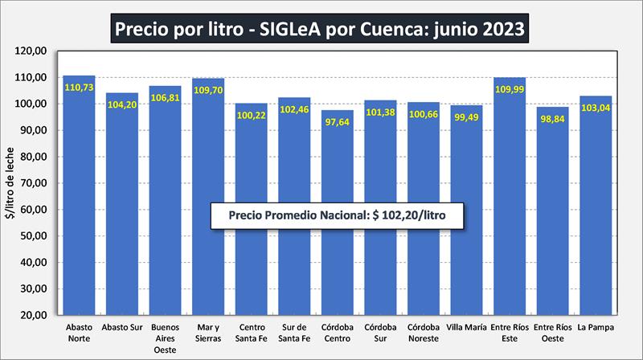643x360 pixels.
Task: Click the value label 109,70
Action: pyautogui.click(x=207, y=90)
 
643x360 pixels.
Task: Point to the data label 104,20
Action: pyautogui.click(x=122, y=104)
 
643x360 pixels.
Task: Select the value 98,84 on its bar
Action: pyautogui.click(x=552, y=118)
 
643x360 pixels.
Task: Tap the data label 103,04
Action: pyautogui.click(x=595, y=108)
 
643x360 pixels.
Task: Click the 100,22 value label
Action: pyautogui.click(x=251, y=115)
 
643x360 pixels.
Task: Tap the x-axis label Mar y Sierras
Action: pyautogui.click(x=207, y=333)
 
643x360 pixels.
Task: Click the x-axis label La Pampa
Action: pyautogui.click(x=595, y=327)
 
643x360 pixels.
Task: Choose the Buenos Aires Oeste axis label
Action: pyautogui.click(x=165, y=338)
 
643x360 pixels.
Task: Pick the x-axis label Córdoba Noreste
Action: pyautogui.click(x=423, y=333)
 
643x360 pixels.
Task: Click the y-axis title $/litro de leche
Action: pyautogui.click(x=11, y=183)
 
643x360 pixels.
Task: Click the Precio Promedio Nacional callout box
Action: pyautogui.click(x=338, y=216)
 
